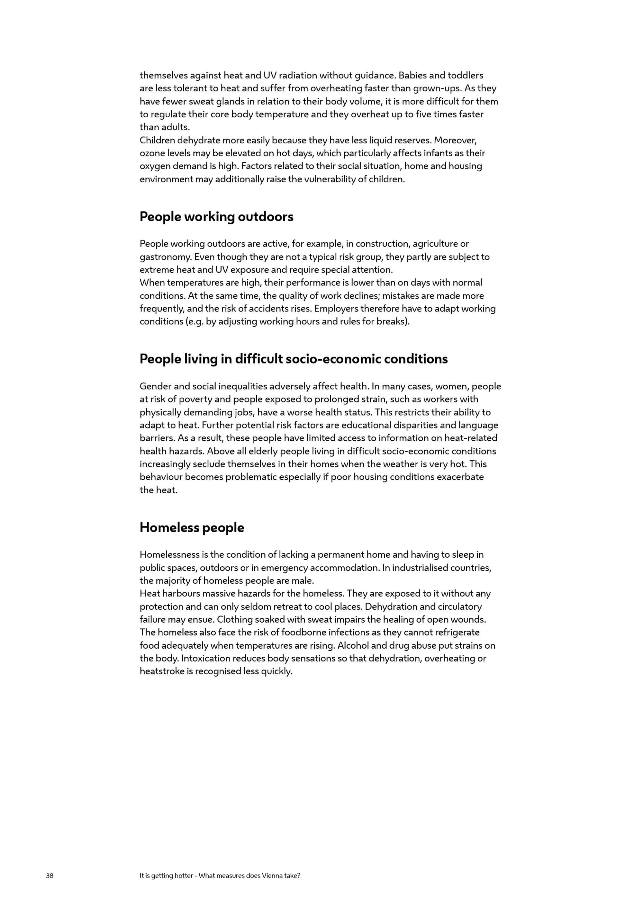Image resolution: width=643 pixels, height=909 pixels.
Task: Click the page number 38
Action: click(x=50, y=875)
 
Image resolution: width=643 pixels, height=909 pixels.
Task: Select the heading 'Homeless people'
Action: click(x=192, y=527)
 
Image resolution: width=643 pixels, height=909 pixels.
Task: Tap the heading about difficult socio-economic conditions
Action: click(x=294, y=359)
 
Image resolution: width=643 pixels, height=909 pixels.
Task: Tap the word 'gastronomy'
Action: click(x=165, y=257)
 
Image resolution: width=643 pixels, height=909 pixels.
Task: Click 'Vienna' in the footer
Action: click(x=272, y=875)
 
